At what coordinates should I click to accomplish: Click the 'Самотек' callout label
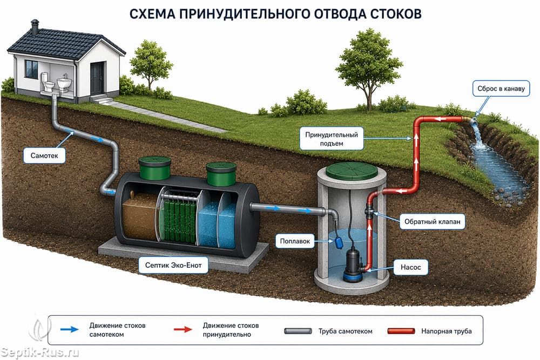click(x=44, y=155)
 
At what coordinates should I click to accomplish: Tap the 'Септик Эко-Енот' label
click(x=173, y=265)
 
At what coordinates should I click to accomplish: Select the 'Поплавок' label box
click(x=295, y=241)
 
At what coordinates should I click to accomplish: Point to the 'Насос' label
click(x=410, y=267)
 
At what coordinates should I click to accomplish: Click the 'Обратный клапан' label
click(x=432, y=222)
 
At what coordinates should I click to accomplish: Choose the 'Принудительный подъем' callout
click(x=332, y=139)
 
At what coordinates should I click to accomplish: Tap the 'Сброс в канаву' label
click(x=501, y=89)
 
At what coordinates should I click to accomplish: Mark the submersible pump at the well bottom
click(x=355, y=265)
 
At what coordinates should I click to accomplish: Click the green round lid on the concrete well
click(x=351, y=171)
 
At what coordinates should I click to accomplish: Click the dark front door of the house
click(x=97, y=78)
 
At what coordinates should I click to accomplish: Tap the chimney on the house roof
click(x=35, y=27)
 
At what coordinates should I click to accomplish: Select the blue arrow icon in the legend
click(x=69, y=329)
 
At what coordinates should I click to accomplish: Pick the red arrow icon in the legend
click(x=183, y=329)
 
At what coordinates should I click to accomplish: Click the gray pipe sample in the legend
click(x=298, y=331)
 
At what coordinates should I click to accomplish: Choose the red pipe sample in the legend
click(x=401, y=331)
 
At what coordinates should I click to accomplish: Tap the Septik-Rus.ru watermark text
click(x=40, y=352)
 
